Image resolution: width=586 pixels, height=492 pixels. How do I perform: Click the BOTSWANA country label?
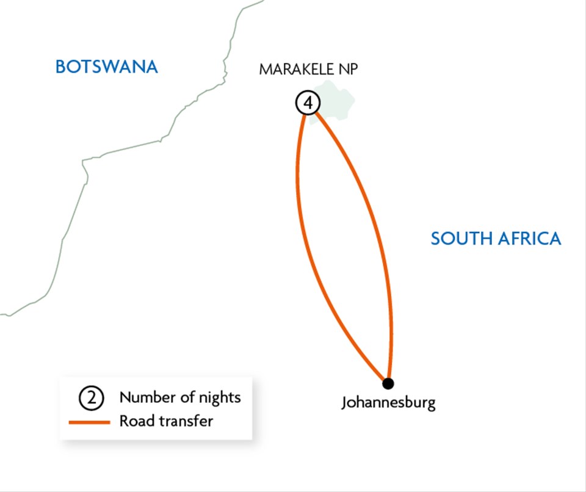pos(106,67)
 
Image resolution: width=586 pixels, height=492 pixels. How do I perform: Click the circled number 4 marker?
pos(308,103)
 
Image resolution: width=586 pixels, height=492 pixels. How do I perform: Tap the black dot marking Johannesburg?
pos(388,383)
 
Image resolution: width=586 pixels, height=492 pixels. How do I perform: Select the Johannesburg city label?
pos(388,403)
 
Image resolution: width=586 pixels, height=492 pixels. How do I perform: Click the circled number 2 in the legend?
pos(91,399)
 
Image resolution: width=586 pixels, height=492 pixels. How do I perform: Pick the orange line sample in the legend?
pos(89,422)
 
